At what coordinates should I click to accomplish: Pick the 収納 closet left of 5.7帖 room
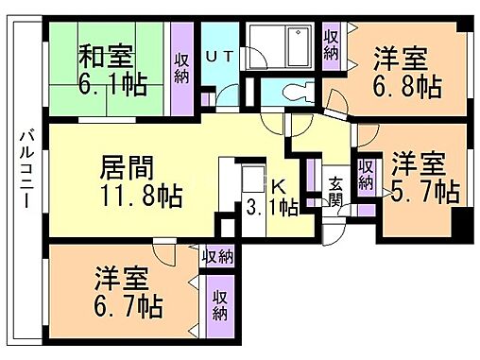coord(366,175)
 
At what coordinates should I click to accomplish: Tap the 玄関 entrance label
coord(336,192)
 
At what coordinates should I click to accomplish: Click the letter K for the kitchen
coord(280,186)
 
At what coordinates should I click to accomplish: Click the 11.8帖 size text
coord(143,198)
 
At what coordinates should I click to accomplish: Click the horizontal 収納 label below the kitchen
coord(217,255)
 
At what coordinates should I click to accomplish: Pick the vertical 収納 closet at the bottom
coord(220,304)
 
